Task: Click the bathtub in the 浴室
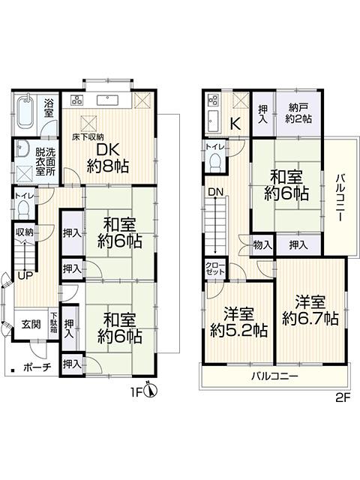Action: click(x=25, y=113)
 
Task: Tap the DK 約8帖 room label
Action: click(x=107, y=158)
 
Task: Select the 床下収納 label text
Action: click(x=88, y=136)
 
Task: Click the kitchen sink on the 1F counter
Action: click(x=108, y=100)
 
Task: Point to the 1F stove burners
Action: click(x=76, y=100)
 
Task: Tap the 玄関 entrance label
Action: click(x=31, y=323)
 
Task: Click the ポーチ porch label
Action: click(x=37, y=367)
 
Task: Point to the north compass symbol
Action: click(x=151, y=391)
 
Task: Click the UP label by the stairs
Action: click(x=25, y=276)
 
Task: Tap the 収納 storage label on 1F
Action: click(x=25, y=232)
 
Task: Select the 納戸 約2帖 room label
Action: click(x=298, y=113)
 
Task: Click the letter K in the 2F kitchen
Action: click(x=235, y=124)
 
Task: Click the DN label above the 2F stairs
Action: click(x=216, y=192)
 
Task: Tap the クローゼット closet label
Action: click(x=215, y=268)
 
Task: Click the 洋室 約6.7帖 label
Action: click(x=310, y=310)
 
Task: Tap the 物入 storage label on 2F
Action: click(x=262, y=245)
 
